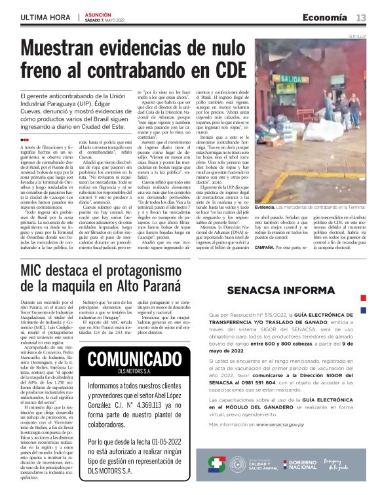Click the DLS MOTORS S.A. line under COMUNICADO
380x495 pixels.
click(x=128, y=373)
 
